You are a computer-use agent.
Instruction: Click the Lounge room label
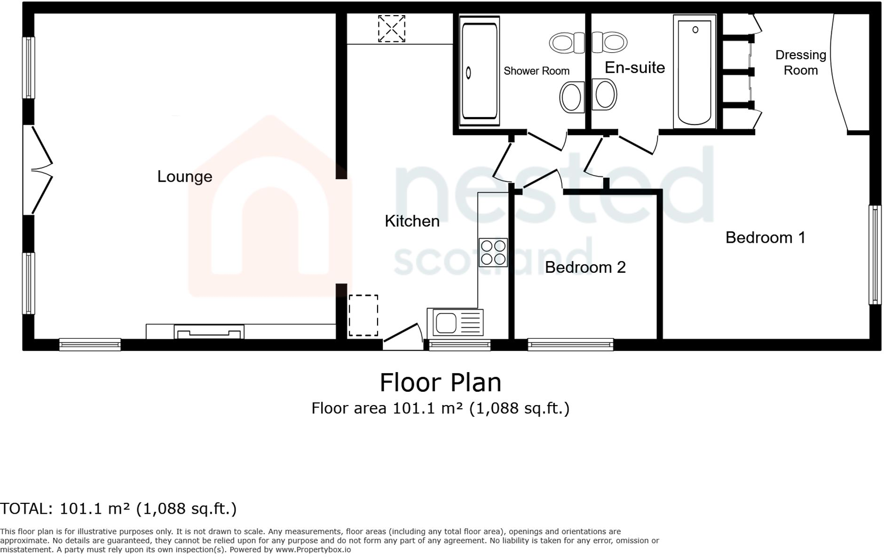click(184, 176)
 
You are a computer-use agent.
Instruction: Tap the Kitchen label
click(412, 221)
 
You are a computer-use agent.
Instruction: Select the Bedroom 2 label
click(585, 267)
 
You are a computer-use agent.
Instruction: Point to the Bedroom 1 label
click(765, 238)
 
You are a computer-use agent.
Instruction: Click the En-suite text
click(634, 68)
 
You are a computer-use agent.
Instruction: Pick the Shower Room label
click(536, 71)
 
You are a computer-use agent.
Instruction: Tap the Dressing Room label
click(800, 63)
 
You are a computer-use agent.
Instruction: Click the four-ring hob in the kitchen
click(493, 253)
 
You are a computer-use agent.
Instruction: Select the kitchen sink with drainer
click(455, 323)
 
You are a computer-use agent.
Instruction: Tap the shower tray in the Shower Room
click(479, 71)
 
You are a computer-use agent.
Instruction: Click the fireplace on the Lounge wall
click(209, 332)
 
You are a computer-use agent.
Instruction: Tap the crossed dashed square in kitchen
click(391, 28)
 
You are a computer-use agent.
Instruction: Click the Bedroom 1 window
click(875, 255)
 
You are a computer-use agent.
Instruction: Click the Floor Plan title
click(440, 382)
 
